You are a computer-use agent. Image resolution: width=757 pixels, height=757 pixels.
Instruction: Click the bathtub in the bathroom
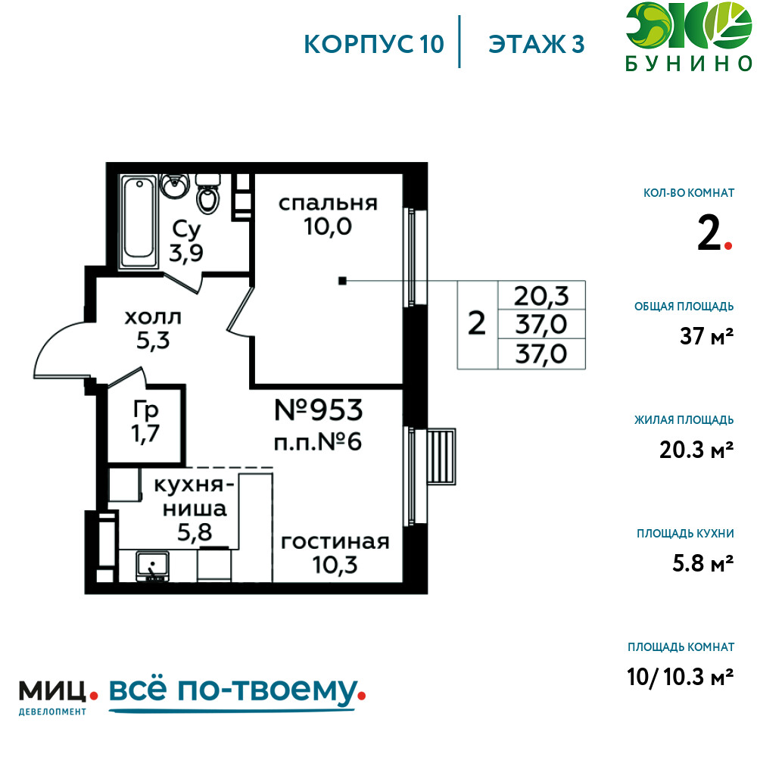click(x=139, y=222)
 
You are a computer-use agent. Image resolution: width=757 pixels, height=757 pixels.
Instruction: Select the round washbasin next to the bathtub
click(x=174, y=185)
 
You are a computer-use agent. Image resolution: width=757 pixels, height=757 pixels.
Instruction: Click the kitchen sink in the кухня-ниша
click(x=153, y=565)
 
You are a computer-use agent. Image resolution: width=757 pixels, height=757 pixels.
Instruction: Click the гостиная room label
click(x=335, y=542)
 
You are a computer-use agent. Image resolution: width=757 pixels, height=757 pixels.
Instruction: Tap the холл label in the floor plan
click(x=153, y=318)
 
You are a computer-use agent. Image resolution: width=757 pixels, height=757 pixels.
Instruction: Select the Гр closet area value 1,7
click(x=145, y=433)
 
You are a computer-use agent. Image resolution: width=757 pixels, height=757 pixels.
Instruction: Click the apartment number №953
click(x=319, y=410)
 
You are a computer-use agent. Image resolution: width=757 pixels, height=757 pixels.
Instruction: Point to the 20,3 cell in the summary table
click(x=541, y=295)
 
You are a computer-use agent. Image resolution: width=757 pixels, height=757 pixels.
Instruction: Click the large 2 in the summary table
click(x=477, y=323)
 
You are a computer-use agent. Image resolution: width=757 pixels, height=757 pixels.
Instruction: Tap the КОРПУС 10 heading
click(x=374, y=44)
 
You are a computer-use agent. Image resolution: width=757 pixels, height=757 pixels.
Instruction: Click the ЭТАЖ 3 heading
click(x=537, y=44)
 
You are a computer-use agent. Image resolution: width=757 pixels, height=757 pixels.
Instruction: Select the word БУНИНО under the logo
click(x=689, y=64)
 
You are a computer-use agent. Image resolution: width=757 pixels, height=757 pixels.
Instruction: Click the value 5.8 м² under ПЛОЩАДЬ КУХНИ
click(x=703, y=563)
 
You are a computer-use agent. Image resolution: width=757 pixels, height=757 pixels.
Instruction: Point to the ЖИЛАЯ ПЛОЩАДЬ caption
click(x=684, y=420)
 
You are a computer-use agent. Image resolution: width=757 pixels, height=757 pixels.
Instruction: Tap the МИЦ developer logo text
click(x=52, y=691)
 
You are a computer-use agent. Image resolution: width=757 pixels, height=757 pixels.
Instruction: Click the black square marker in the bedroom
click(x=342, y=281)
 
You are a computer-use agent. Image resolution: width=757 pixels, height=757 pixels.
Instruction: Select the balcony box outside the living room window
click(x=441, y=456)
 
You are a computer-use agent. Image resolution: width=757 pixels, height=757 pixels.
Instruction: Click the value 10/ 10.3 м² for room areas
click(x=681, y=677)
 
